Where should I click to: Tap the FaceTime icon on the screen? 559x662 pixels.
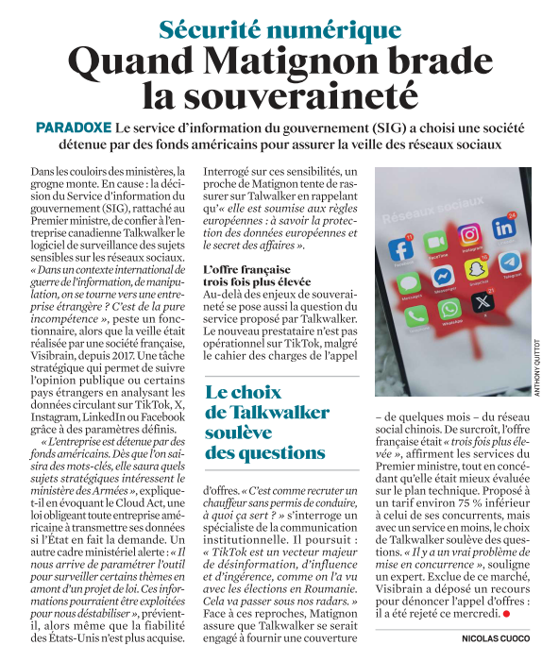pos(437,241)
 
